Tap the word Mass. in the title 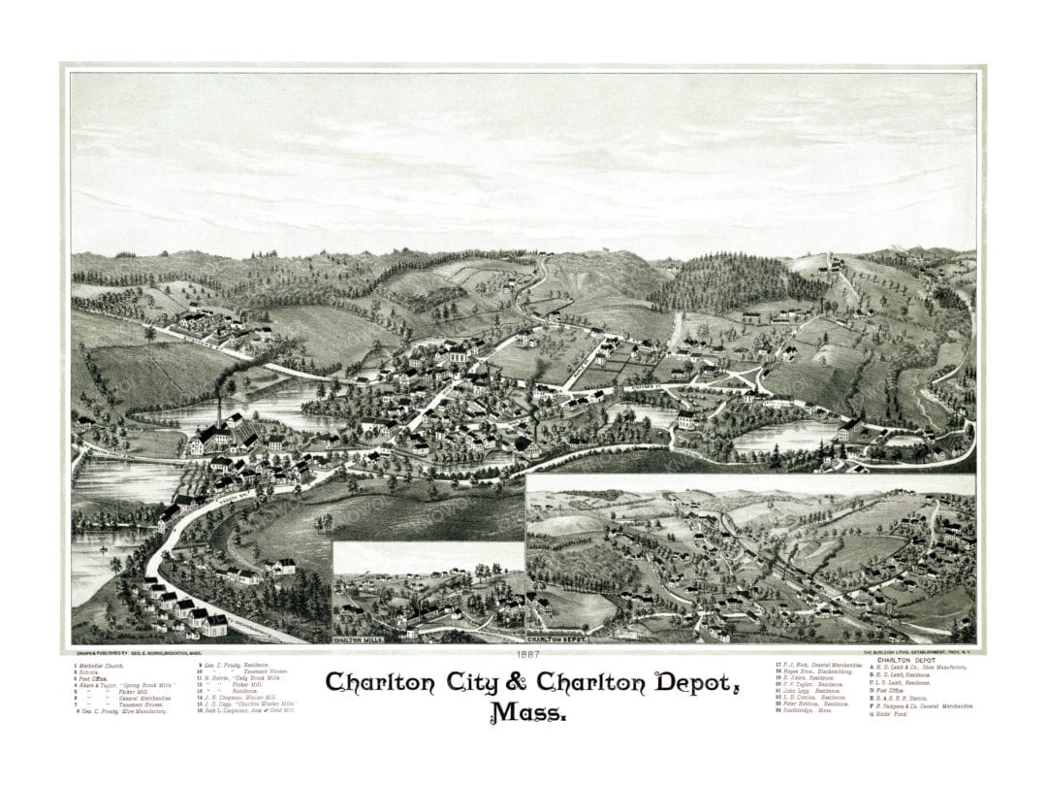528,713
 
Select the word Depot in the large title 689,682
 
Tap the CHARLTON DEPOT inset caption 559,640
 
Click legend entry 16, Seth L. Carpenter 248,711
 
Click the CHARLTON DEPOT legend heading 905,660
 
